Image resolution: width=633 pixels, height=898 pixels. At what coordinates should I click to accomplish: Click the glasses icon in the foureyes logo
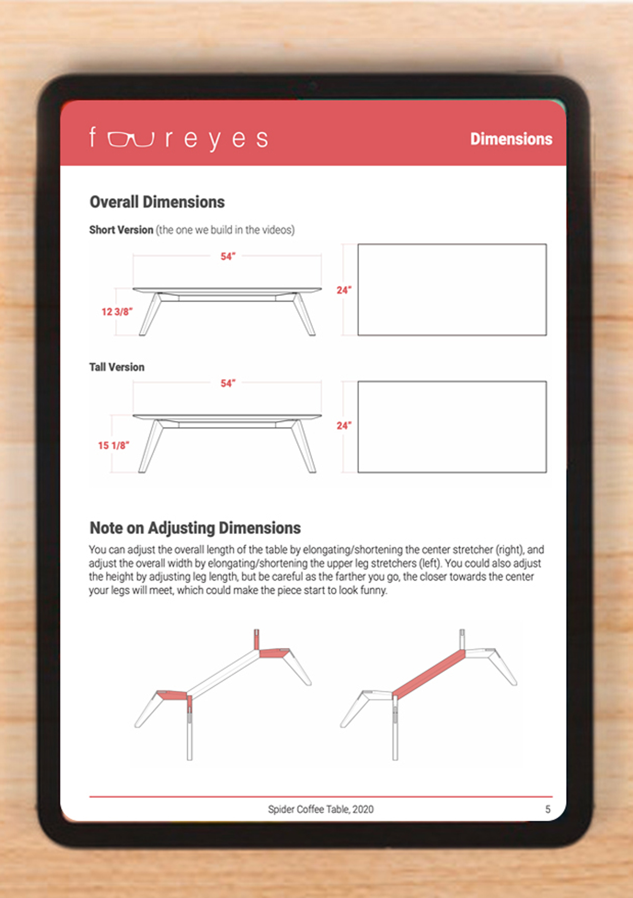[x=130, y=139]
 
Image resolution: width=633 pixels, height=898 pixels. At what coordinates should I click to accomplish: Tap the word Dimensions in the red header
[x=511, y=139]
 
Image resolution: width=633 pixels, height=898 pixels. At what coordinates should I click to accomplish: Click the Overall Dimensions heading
[x=157, y=202]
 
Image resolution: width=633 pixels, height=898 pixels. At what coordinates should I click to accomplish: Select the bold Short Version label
[x=121, y=230]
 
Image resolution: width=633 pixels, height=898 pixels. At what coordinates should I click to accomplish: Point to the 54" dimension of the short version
[x=228, y=256]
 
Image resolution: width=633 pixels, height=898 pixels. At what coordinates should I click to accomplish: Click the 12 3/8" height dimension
[x=117, y=312]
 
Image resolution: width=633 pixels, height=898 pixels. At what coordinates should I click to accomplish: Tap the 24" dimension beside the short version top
[x=344, y=290]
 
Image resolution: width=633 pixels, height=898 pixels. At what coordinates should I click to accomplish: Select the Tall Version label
[x=117, y=367]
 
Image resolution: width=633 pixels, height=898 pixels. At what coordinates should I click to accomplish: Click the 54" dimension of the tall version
[x=228, y=383]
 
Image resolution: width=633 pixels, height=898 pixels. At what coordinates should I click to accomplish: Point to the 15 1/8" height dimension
[x=114, y=445]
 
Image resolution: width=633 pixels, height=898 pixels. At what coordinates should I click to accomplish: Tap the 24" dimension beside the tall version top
[x=344, y=426]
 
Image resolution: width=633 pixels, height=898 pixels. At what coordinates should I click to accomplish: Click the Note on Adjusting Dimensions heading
[x=195, y=528]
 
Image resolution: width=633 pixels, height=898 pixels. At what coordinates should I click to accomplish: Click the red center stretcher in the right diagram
[x=428, y=673]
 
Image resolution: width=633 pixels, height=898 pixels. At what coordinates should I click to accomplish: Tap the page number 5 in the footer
[x=547, y=809]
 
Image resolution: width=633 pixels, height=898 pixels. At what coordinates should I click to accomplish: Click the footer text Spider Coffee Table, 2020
[x=321, y=809]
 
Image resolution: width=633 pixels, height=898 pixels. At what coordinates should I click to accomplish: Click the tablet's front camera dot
[x=313, y=86]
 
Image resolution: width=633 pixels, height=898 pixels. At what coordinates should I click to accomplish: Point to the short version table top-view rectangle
[x=452, y=290]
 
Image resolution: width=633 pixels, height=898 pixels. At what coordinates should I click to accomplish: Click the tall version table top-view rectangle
[x=452, y=427]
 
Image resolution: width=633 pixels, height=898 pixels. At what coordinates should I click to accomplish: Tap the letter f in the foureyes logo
[x=92, y=137]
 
